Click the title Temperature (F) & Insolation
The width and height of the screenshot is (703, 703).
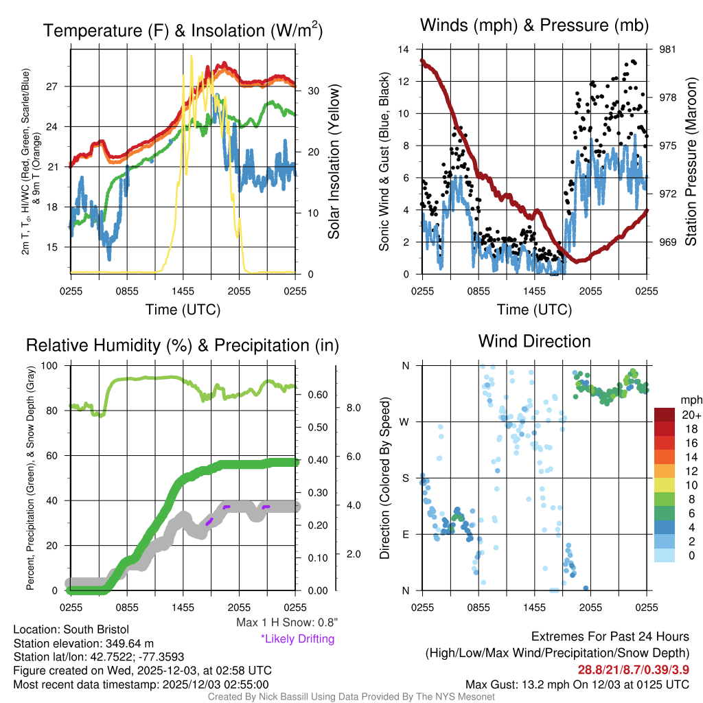[183, 31]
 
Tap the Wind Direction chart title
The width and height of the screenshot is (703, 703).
[534, 341]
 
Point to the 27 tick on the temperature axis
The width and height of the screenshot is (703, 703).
[57, 87]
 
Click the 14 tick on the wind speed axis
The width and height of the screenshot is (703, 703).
[404, 49]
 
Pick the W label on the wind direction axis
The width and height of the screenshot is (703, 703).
[406, 422]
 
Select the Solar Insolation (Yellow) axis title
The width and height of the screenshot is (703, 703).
[334, 162]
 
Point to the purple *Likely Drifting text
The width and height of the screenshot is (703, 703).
[297, 638]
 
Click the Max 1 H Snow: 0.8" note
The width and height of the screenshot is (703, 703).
[287, 623]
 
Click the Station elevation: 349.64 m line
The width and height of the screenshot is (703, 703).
[83, 643]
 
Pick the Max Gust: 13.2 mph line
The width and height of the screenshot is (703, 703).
[577, 684]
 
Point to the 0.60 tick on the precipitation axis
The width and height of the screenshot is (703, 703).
[316, 395]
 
